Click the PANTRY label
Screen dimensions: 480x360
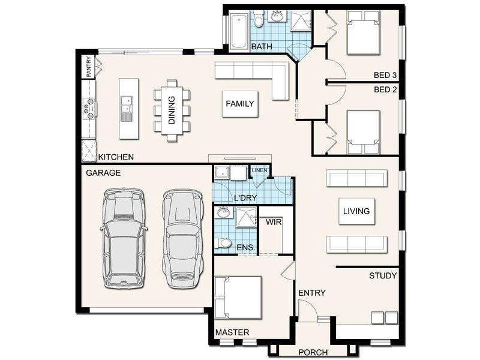pos(89,67)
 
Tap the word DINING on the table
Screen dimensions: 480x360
pos(172,110)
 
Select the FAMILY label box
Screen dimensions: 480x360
pos(240,104)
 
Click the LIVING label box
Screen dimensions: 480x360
pos(356,211)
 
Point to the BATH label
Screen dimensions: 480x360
pos(262,47)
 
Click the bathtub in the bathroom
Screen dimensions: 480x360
pos(238,31)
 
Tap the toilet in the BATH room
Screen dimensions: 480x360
pos(259,19)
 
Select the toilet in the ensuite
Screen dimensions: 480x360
pos(223,244)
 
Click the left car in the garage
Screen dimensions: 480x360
pos(124,238)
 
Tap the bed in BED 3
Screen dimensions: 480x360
pos(363,33)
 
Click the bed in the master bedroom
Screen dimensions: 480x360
pos(238,298)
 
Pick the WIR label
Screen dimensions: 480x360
pos(274,222)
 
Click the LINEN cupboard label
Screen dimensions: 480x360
pos(259,170)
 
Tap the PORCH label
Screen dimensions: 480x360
pos(313,352)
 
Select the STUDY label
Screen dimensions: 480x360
pos(383,276)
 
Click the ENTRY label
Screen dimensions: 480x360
pos(311,293)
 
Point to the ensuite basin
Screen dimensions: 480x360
pos(223,212)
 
